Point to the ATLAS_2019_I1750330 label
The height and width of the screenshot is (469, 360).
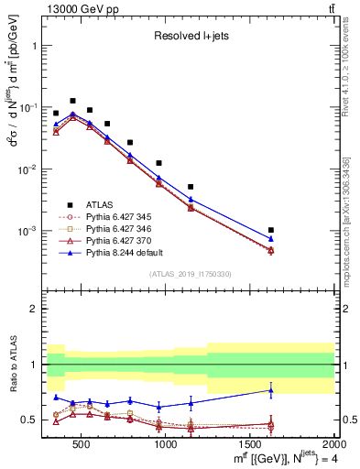coord(189,274)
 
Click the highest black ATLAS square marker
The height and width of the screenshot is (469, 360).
coord(72,101)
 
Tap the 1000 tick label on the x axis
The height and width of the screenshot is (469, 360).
coord(166,443)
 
